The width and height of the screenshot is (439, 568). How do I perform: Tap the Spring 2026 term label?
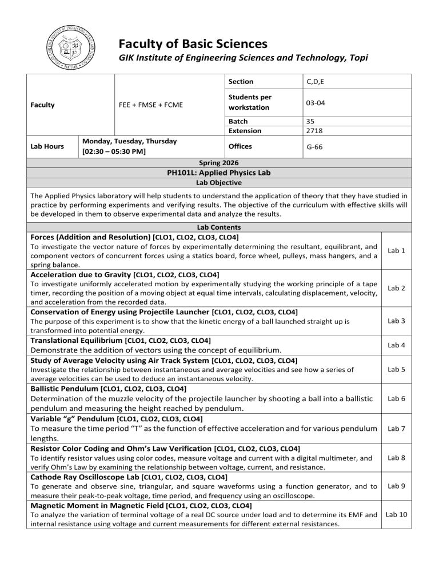219,163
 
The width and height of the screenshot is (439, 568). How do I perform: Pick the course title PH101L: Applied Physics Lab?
219,173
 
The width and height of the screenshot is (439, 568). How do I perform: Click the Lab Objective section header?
219,183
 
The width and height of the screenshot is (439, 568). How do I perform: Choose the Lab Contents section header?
219,227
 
